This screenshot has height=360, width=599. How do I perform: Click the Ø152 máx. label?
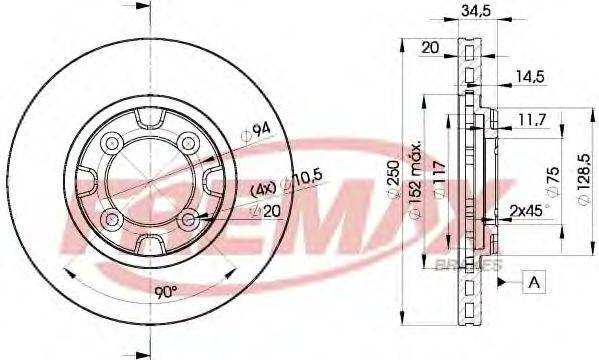tap(426, 186)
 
